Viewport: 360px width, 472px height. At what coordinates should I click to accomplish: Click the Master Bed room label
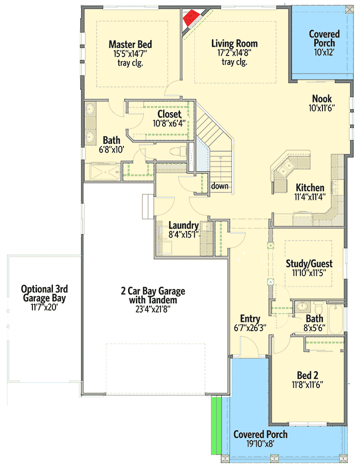130,44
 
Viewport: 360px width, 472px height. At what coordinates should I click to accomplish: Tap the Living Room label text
234,44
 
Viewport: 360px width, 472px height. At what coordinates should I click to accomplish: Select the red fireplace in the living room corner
191,17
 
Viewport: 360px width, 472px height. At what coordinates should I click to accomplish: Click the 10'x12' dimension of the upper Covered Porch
324,52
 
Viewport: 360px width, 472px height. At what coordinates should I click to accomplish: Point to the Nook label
322,99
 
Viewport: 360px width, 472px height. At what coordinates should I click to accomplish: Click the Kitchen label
310,188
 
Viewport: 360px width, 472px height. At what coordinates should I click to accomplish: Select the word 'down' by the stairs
220,186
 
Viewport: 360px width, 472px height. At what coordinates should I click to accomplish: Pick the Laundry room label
184,225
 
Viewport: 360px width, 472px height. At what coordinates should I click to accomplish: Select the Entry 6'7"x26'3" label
249,319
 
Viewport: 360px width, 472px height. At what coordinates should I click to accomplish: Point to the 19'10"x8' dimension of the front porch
260,444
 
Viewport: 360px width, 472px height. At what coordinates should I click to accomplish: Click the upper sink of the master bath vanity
91,110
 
